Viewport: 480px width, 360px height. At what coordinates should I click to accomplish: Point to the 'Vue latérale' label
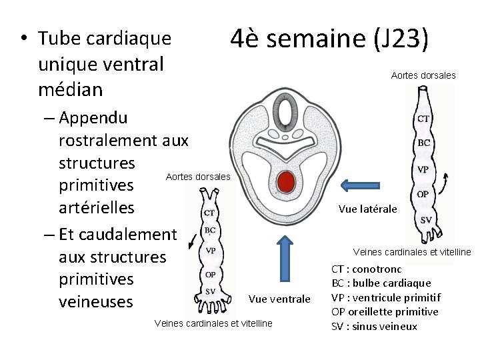(367, 209)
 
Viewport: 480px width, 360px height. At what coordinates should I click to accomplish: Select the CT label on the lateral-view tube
(423, 119)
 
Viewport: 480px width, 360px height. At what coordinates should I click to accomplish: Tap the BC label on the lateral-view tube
(423, 143)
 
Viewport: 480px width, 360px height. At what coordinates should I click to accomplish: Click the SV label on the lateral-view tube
(425, 220)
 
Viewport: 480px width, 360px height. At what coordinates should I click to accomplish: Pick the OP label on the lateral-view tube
(424, 194)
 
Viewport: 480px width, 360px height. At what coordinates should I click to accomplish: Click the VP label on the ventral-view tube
(209, 252)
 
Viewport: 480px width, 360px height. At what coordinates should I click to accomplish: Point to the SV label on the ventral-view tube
(209, 291)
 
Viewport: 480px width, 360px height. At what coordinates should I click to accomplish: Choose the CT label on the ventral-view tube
(209, 213)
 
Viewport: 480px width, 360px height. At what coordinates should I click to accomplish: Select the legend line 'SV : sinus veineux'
(374, 326)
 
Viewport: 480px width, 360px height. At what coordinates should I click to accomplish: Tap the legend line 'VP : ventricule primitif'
(386, 297)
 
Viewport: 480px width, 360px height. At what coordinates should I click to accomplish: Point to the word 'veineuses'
(95, 302)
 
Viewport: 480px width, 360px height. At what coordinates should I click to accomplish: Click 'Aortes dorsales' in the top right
(423, 75)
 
